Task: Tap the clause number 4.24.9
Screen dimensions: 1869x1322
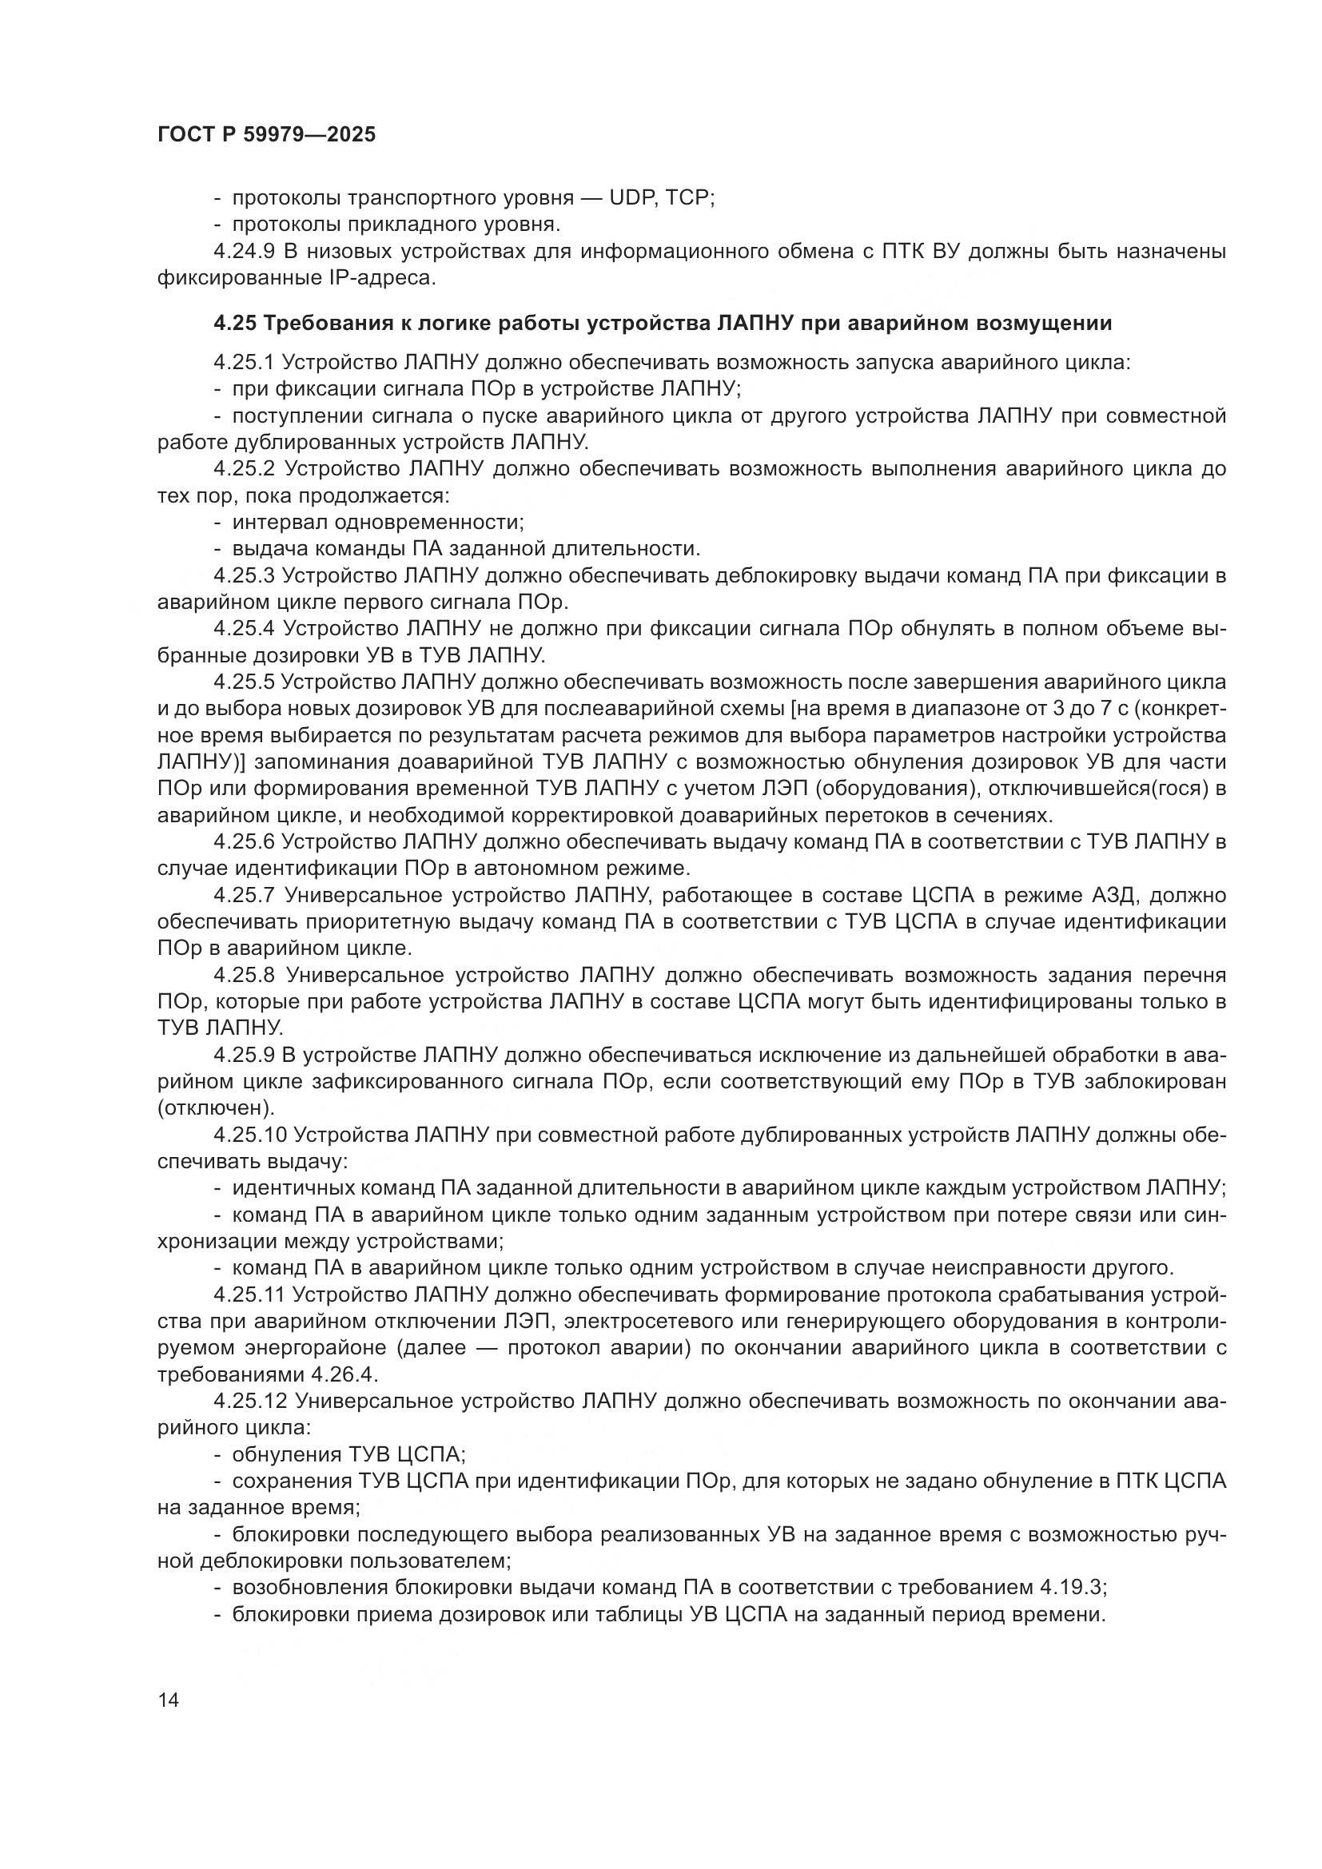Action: (245, 252)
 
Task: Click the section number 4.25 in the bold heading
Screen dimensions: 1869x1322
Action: (234, 324)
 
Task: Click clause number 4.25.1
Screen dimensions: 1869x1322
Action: (245, 362)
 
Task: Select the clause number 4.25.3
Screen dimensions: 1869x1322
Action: (245, 576)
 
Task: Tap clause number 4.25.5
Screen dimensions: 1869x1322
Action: (245, 682)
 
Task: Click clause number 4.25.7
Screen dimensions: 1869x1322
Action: (245, 896)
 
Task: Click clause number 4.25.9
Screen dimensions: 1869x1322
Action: (245, 1056)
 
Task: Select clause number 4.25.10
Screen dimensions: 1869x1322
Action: (250, 1135)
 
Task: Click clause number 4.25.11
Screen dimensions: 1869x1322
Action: (250, 1294)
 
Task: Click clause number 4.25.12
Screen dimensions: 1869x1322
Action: (250, 1401)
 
